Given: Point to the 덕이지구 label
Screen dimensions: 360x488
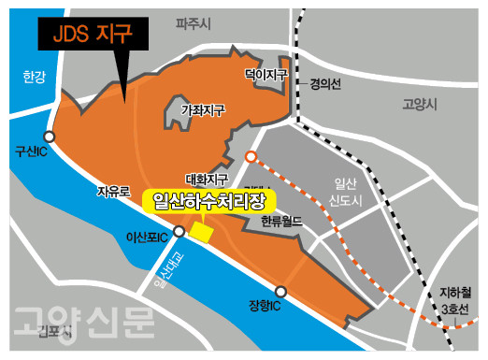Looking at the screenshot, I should (266, 72).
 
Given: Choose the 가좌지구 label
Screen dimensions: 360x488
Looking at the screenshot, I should (203, 110).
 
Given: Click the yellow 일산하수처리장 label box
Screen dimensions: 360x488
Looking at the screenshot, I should (206, 200).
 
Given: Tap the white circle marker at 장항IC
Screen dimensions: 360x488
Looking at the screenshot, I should (280, 292).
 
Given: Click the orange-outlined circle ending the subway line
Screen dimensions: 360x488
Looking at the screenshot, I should (251, 156).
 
